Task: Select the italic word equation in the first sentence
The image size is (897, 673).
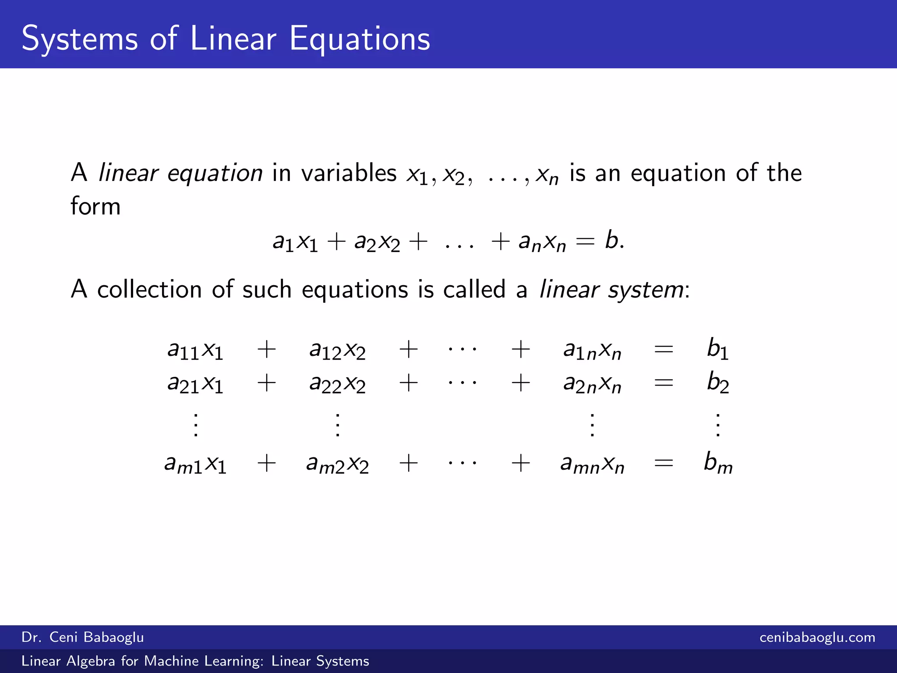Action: (x=215, y=173)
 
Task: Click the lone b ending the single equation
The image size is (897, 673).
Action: (x=612, y=241)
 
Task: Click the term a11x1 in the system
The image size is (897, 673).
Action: (x=195, y=350)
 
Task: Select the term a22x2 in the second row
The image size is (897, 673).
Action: (x=337, y=384)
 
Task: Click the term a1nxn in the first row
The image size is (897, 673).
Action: (x=592, y=350)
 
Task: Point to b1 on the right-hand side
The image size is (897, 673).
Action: (x=717, y=349)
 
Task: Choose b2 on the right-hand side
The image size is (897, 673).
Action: (x=717, y=383)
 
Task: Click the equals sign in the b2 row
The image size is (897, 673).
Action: (x=663, y=383)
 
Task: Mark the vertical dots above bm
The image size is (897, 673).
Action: (x=718, y=425)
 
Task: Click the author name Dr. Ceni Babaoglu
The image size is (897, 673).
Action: (x=82, y=637)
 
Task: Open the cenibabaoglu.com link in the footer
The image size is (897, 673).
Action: (x=817, y=637)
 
